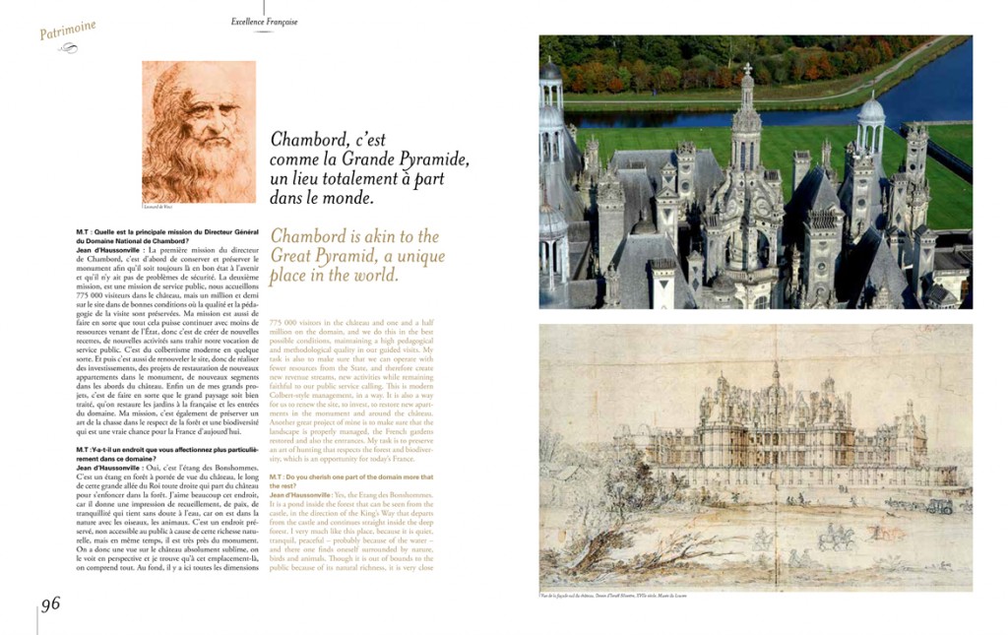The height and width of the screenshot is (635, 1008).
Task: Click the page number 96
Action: click(50, 603)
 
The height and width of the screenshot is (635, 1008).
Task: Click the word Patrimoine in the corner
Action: click(68, 31)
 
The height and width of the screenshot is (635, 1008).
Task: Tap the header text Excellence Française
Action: click(264, 22)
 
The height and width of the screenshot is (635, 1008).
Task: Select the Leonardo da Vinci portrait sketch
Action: click(199, 131)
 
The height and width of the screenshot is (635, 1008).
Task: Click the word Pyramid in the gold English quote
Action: click(350, 256)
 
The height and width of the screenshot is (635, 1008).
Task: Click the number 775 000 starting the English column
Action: click(285, 322)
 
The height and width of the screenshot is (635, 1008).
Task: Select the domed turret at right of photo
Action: click(870, 118)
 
